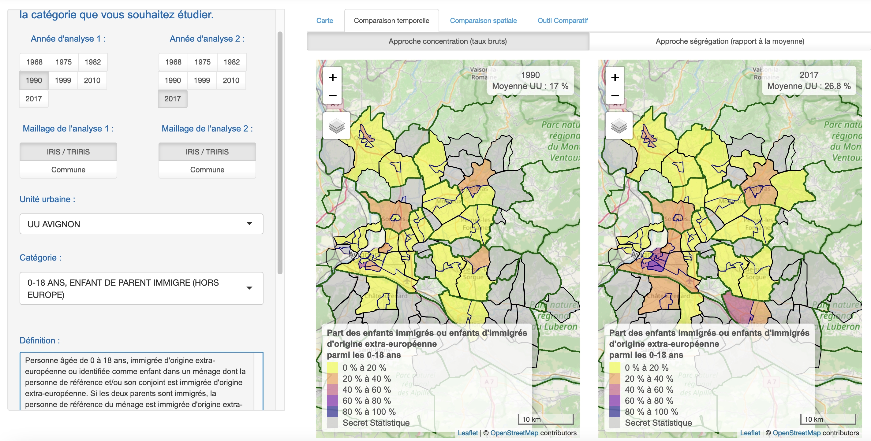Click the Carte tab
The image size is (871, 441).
point(324,20)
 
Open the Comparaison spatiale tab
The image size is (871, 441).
point(483,20)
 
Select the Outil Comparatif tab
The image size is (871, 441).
point(562,20)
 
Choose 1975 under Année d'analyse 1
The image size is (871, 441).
point(64,62)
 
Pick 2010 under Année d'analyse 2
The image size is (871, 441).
point(231,80)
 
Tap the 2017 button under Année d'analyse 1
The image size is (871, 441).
point(33,99)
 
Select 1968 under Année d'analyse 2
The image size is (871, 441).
point(173,62)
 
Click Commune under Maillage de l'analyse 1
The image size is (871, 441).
point(68,170)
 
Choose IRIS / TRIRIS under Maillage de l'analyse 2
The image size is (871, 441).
point(207,152)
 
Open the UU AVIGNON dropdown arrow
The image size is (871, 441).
point(249,224)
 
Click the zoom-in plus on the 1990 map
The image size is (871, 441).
point(333,77)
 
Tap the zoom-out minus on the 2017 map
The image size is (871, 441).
point(615,96)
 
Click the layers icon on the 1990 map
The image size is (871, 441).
point(336,126)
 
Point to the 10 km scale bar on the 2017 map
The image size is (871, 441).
point(828,419)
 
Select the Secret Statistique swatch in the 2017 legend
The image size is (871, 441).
point(614,423)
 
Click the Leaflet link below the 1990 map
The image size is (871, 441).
point(468,433)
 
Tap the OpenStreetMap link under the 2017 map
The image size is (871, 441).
point(796,433)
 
